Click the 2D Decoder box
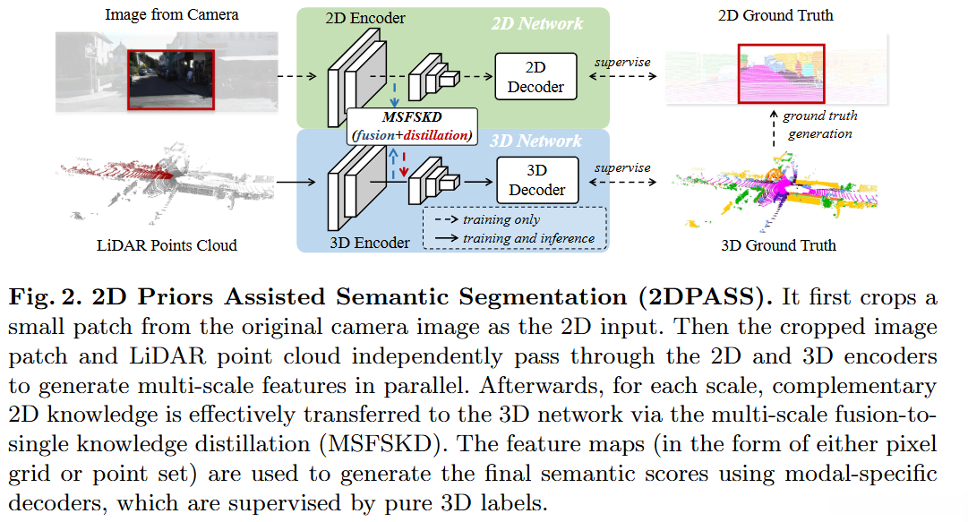[535, 76]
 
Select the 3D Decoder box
[537, 180]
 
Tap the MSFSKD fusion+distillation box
[412, 126]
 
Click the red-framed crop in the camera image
[171, 80]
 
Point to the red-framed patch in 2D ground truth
[782, 73]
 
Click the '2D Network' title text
[537, 23]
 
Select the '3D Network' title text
[535, 141]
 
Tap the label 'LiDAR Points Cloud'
[167, 245]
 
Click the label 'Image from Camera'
[172, 14]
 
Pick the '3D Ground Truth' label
[778, 245]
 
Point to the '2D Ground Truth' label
[775, 15]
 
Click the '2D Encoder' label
[365, 18]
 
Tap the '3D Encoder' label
[369, 243]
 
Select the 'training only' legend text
[501, 219]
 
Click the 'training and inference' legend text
[528, 238]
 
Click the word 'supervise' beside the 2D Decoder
[622, 62]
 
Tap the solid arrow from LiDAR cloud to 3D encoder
[296, 182]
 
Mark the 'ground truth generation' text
[820, 124]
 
